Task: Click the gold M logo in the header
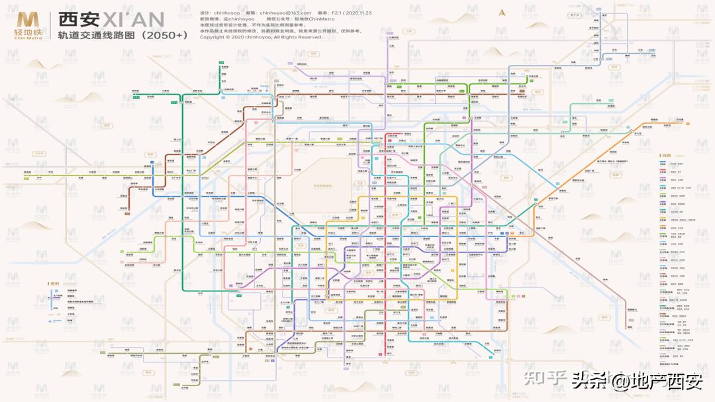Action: [26, 19]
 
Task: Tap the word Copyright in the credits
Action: [213, 37]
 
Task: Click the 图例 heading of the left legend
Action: [55, 283]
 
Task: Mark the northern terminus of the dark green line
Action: [219, 64]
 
